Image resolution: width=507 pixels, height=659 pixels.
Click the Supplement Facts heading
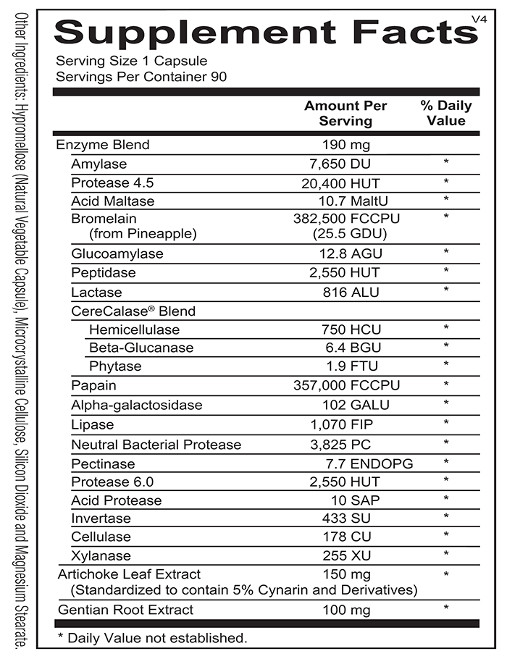click(x=260, y=32)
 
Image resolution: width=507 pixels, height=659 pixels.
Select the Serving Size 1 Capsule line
click(x=131, y=61)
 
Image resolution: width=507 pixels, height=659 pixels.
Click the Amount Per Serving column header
click(x=345, y=113)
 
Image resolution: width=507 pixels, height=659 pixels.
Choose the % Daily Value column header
click(x=445, y=113)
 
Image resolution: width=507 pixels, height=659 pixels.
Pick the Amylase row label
click(x=99, y=164)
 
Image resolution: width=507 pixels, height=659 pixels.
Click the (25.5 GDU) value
click(x=349, y=234)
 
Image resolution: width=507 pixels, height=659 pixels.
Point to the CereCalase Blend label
click(x=133, y=311)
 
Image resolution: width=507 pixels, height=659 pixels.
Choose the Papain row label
click(x=93, y=385)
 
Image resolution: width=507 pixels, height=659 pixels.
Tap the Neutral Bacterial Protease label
click(x=156, y=444)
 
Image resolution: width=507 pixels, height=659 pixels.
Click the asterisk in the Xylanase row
click(x=446, y=555)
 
